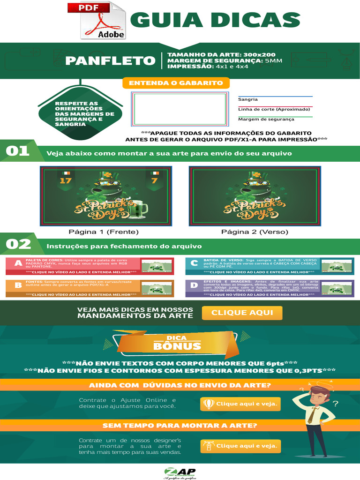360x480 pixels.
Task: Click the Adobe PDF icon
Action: (103, 21)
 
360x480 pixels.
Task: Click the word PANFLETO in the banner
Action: (110, 61)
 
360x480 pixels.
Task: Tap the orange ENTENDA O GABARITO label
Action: (176, 83)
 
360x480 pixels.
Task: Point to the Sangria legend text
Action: (248, 99)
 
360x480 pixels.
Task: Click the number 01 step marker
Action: (17, 151)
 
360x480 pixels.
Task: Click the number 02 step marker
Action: (18, 244)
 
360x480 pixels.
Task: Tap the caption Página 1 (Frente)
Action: (104, 232)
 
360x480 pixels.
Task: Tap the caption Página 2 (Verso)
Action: (255, 232)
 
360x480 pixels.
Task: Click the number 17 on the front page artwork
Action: (66, 180)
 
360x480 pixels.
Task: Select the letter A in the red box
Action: (18, 263)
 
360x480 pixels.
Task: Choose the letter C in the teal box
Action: (194, 263)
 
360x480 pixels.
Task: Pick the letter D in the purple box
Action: (194, 285)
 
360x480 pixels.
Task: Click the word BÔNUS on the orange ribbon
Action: (171, 347)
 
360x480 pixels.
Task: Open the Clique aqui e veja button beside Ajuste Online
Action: (240, 404)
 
